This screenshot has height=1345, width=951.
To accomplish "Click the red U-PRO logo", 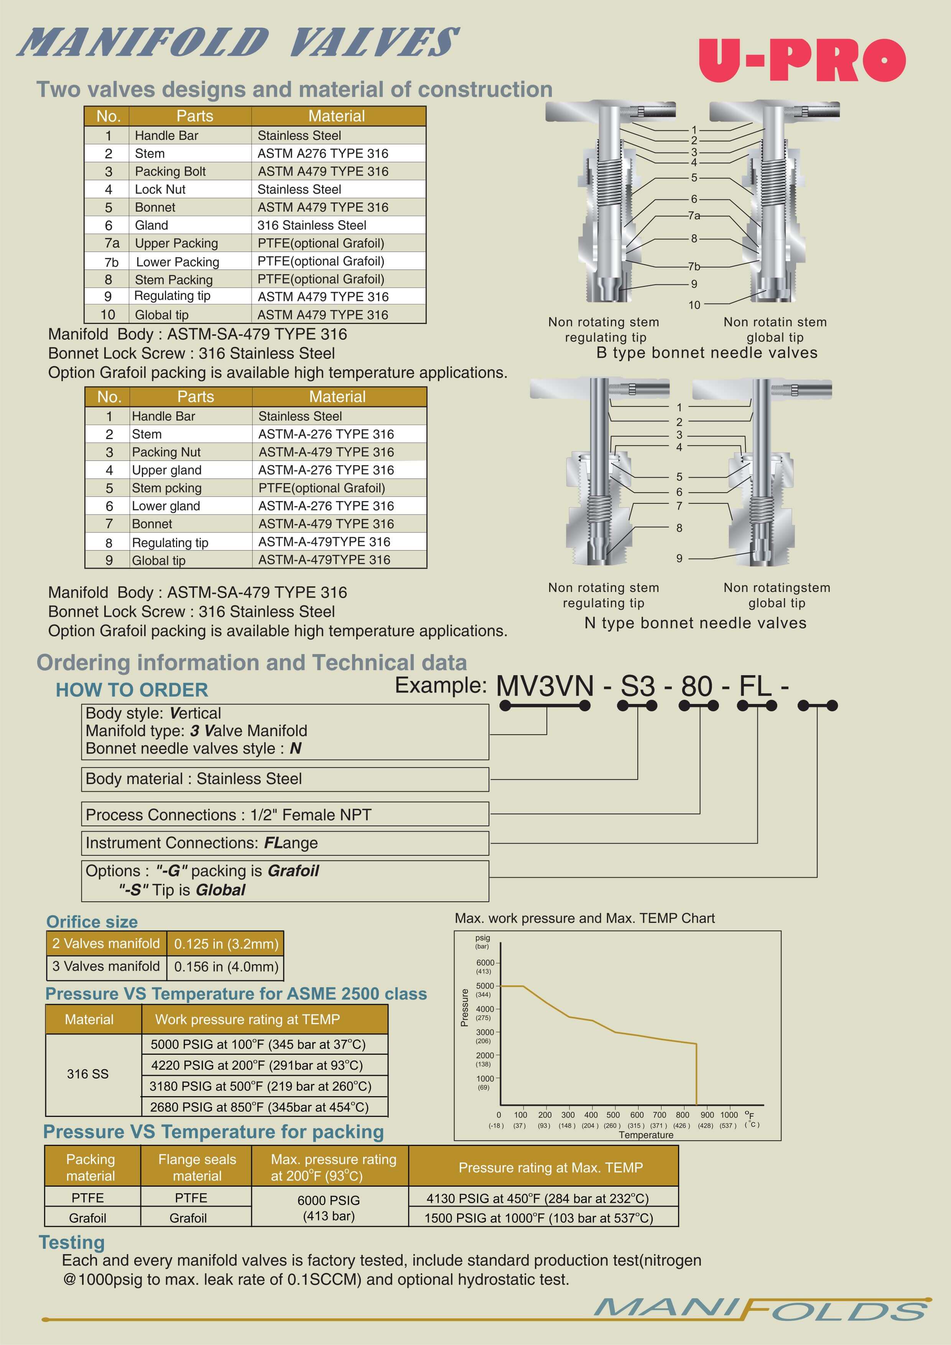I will pos(801,60).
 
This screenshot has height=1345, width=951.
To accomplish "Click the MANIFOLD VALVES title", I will pos(238,42).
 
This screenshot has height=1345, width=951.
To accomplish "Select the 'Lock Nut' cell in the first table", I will pos(160,189).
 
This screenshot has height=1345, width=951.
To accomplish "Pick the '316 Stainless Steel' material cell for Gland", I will pos(312,225).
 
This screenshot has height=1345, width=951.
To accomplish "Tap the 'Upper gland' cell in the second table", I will pos(166,470).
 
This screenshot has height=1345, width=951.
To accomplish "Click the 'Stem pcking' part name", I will pos(166,488).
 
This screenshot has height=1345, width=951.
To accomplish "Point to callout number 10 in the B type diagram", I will pos(694,304).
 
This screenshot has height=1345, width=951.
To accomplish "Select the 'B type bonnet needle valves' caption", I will pos(707,353).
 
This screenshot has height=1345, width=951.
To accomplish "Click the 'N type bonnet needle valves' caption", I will pos(696,623).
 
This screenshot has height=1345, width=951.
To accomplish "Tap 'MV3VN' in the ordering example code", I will pos(545,686).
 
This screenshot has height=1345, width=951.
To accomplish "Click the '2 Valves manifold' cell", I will pos(106,943).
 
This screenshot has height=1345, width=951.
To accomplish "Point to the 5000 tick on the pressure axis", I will pos(485,986).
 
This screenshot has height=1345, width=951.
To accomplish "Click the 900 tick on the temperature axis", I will pos(707,1115).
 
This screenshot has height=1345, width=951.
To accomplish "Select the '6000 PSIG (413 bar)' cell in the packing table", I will pos(329,1208).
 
